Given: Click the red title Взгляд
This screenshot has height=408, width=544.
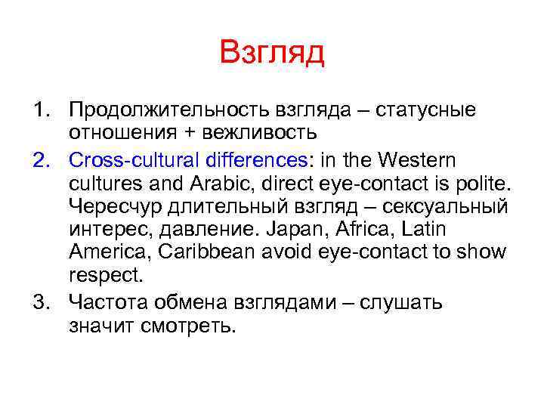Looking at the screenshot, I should [272, 54].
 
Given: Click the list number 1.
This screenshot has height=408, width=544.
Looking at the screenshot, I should [39, 110].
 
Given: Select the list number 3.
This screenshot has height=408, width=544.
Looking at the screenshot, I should [39, 303].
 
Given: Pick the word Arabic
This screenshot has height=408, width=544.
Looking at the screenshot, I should [213, 183].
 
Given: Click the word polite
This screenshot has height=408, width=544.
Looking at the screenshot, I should [477, 183].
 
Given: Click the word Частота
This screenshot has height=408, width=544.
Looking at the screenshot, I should [104, 303].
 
